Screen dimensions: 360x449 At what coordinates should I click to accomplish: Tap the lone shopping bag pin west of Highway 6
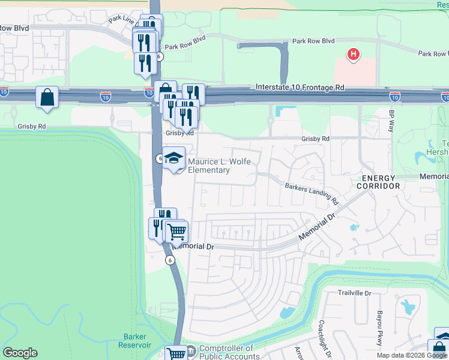[x=47, y=98]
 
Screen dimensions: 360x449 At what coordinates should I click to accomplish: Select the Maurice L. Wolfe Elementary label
[x=219, y=166]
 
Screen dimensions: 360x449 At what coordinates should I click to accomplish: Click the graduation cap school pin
[x=174, y=158]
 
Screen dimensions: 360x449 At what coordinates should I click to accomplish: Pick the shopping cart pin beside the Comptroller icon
[x=176, y=354]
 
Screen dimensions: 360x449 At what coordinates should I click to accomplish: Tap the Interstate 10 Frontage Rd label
[x=300, y=88]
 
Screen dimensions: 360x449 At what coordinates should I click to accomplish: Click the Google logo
[x=20, y=353]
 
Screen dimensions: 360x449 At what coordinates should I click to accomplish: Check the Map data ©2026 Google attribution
[x=412, y=355]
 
